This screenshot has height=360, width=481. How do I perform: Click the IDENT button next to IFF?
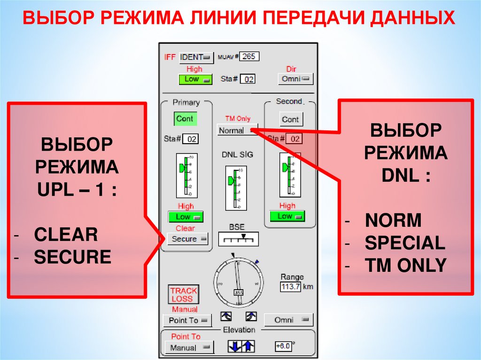tap(196, 57)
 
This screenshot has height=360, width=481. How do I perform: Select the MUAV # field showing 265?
tap(249, 56)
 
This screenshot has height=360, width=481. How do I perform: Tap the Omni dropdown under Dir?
tap(295, 79)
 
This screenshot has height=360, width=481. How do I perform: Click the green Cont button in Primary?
tap(185, 119)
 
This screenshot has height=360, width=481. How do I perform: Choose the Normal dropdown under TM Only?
tap(237, 130)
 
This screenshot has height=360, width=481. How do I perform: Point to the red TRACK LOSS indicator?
tap(184, 295)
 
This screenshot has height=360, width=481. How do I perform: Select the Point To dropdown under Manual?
tap(187, 320)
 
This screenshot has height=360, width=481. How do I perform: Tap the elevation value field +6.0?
tap(284, 346)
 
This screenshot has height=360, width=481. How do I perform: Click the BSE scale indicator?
tap(238, 239)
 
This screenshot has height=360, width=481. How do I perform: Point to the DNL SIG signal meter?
tap(235, 188)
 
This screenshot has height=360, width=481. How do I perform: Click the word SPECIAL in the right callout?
tap(405, 243)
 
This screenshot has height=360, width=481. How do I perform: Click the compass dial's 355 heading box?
tap(239, 293)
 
